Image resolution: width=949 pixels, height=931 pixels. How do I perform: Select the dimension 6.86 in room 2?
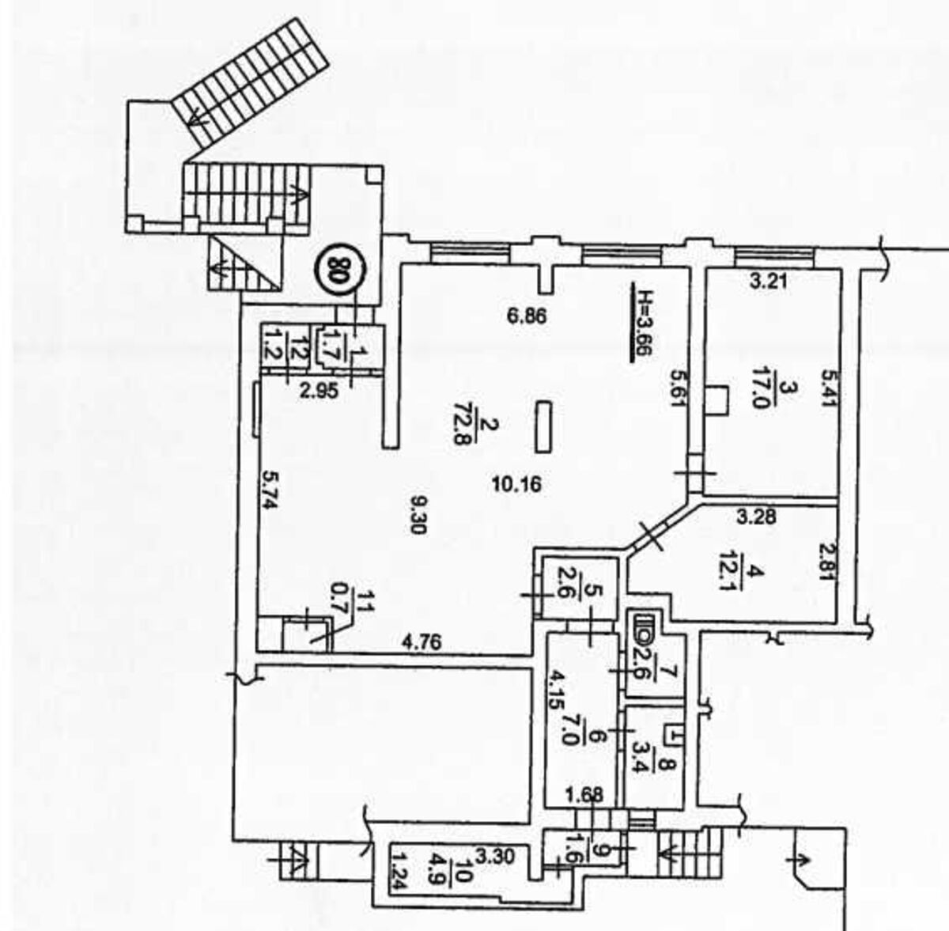527,316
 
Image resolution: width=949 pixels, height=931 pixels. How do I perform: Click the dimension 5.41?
827,388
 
